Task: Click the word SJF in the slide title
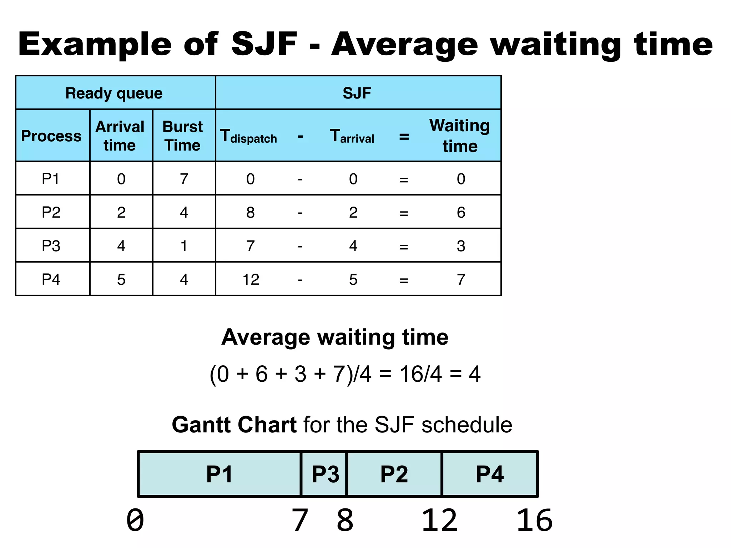point(264,44)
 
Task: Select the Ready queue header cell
point(114,93)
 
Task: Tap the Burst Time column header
point(183,136)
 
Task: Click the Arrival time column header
point(120,136)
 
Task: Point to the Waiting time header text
point(460,136)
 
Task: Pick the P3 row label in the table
point(51,246)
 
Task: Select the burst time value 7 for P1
point(184,179)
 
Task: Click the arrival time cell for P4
point(121,279)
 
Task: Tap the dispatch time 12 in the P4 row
point(251,279)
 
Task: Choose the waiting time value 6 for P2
point(461,213)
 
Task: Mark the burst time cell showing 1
point(184,246)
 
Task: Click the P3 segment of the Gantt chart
point(325,474)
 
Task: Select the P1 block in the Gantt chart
point(219,474)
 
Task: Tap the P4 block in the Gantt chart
point(490,474)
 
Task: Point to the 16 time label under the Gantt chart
point(534,521)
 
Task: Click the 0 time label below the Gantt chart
point(135,521)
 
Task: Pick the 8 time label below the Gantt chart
point(345,521)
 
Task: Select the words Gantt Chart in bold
point(234,425)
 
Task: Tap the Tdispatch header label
point(248,136)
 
